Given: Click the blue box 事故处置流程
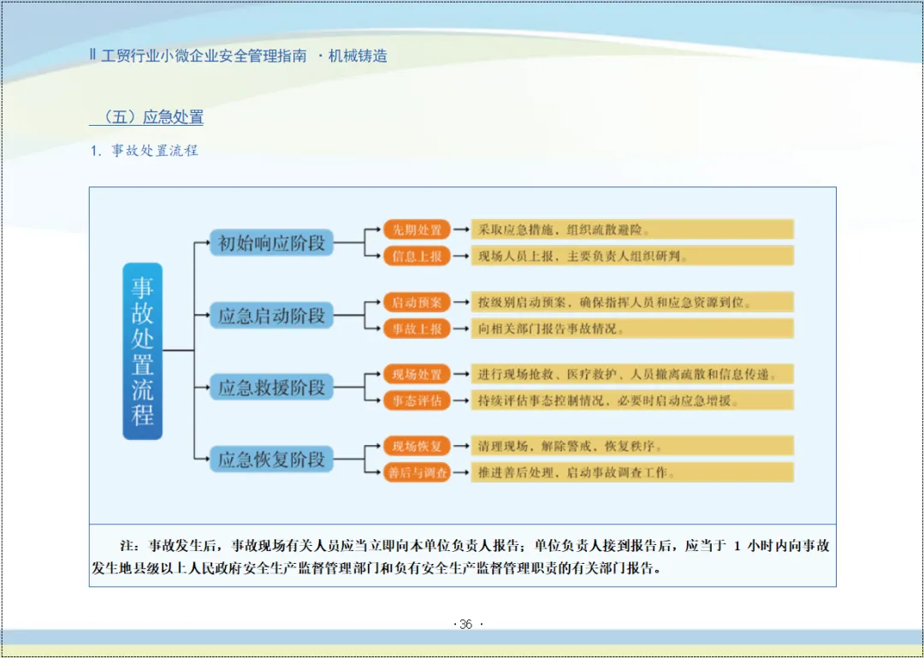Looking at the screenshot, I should point(142,351).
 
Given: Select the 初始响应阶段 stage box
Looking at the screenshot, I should point(272,243).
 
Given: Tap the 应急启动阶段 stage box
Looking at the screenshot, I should point(272,316).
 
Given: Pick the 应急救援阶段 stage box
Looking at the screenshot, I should point(272,388).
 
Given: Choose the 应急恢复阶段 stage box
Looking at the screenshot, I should point(272,459).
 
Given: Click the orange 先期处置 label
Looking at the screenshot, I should point(417,229).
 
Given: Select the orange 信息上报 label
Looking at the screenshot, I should point(417,256).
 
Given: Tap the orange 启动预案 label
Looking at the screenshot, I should point(417,302).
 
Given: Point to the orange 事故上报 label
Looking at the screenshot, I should point(417,329).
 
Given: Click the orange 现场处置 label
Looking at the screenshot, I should point(417,374).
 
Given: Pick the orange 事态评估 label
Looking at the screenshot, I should point(417,400).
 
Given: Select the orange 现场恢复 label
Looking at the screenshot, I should point(417,446).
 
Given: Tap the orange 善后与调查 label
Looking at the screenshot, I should point(417,472).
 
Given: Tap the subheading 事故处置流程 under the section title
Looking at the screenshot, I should point(154,151).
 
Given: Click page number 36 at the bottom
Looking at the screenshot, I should point(465,625).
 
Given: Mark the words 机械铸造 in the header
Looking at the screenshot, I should point(358,56).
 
